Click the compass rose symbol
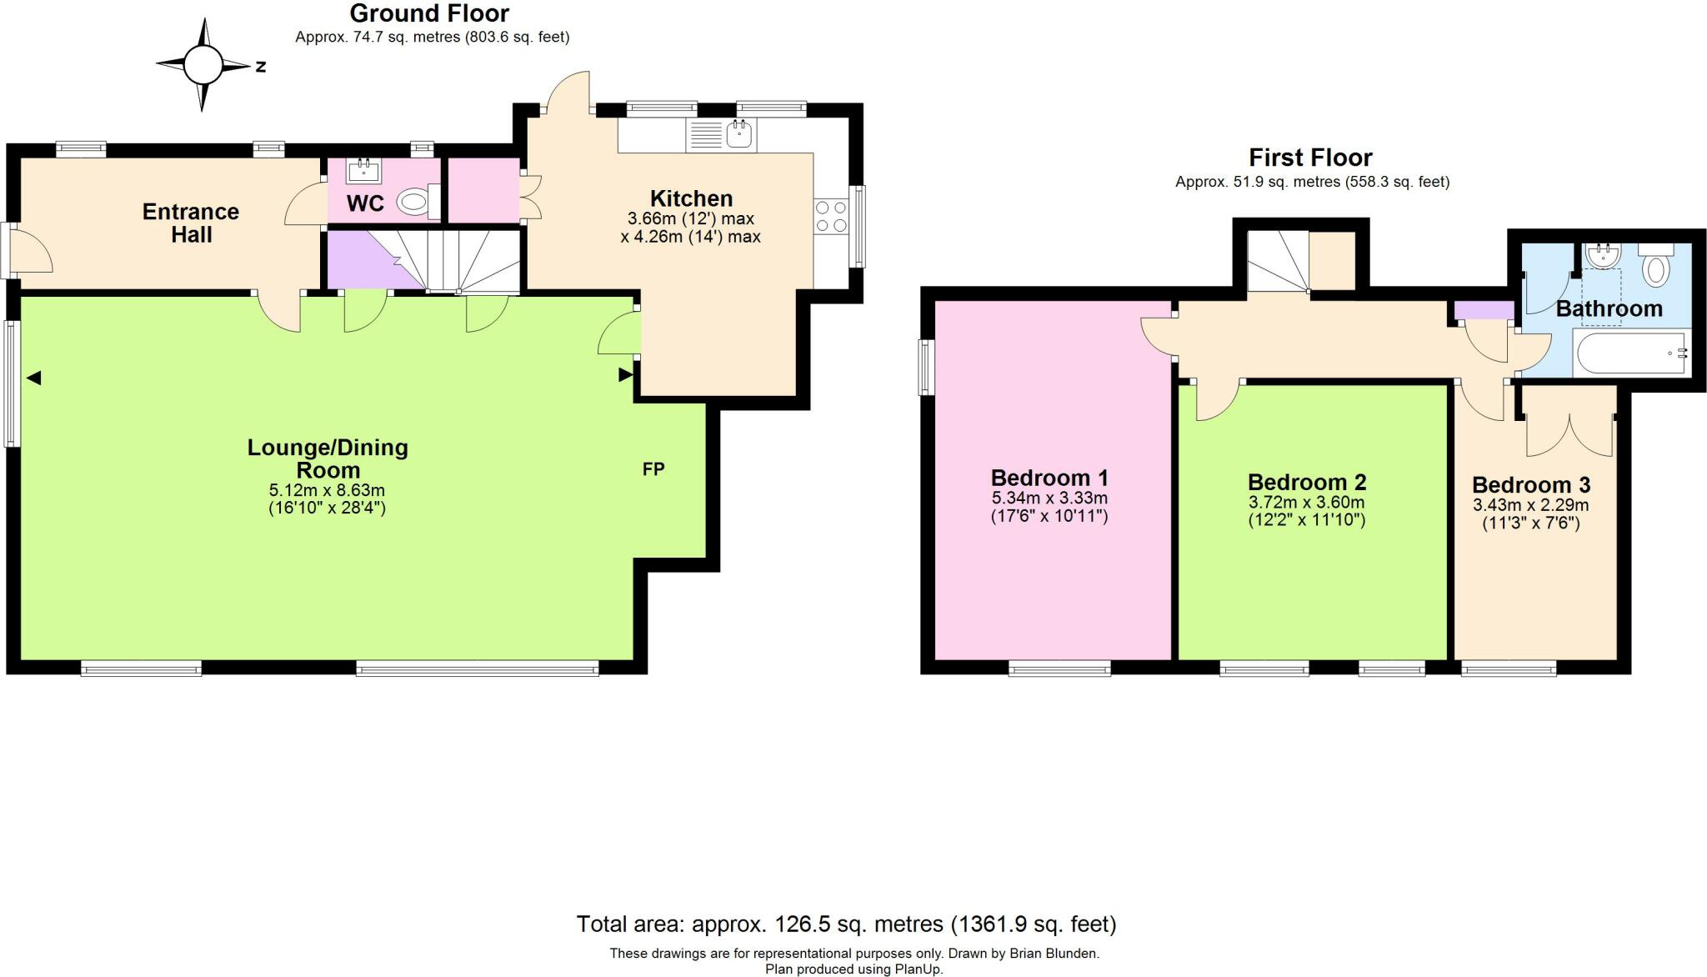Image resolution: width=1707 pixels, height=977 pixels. point(203,65)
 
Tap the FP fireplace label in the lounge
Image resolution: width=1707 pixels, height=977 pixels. point(653,469)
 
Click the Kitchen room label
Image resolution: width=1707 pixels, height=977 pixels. point(691,198)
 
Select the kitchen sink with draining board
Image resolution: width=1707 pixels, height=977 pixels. point(721,135)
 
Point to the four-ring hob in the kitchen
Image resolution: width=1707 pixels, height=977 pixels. point(830,216)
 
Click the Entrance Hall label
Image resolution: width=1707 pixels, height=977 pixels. point(191,223)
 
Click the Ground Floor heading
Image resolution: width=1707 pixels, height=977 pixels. point(429,13)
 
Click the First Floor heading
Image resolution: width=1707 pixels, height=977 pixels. point(1310,158)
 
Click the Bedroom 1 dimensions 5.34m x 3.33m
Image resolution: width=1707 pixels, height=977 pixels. point(1049,499)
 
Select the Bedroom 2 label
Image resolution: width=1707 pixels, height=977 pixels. point(1306,483)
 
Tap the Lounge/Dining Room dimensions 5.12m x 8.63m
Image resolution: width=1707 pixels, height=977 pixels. point(327,490)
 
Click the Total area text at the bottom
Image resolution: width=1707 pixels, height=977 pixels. point(846,924)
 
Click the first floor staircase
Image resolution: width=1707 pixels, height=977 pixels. point(1278,262)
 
